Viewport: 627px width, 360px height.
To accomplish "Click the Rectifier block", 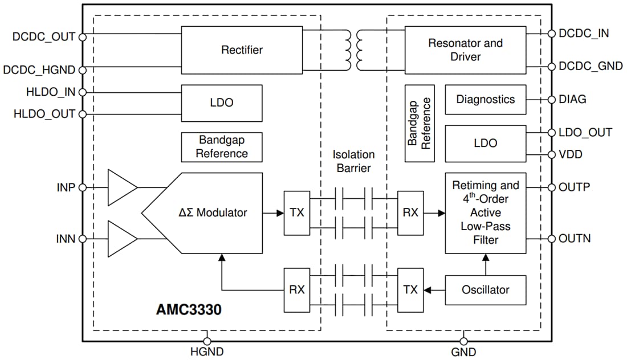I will (x=242, y=50).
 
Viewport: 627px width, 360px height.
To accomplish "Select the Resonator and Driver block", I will (x=465, y=50).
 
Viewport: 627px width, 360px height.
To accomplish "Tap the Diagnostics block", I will (x=485, y=99).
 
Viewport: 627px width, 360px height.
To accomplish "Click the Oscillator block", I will (x=485, y=289).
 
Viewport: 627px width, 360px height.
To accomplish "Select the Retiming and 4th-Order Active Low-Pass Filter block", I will (x=485, y=213).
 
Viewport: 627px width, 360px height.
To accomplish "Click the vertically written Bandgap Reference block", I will (x=419, y=123).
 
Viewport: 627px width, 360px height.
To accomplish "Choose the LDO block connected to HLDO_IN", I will (x=221, y=103).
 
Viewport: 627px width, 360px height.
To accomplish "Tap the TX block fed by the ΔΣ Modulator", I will (x=296, y=213).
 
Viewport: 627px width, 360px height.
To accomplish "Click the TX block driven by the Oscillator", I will (x=410, y=289).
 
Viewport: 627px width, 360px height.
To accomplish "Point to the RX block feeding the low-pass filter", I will (x=410, y=213).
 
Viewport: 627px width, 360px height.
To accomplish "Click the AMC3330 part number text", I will (x=189, y=310).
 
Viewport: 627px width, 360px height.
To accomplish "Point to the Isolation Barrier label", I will (x=354, y=161).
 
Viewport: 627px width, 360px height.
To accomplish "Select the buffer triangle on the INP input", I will (x=121, y=187).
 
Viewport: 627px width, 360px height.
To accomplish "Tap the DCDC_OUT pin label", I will (x=44, y=37).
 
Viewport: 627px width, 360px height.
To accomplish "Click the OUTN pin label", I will (x=575, y=239).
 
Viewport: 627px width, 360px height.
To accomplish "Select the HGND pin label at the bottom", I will (x=207, y=351).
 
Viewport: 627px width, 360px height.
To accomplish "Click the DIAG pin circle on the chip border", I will (x=551, y=99).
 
